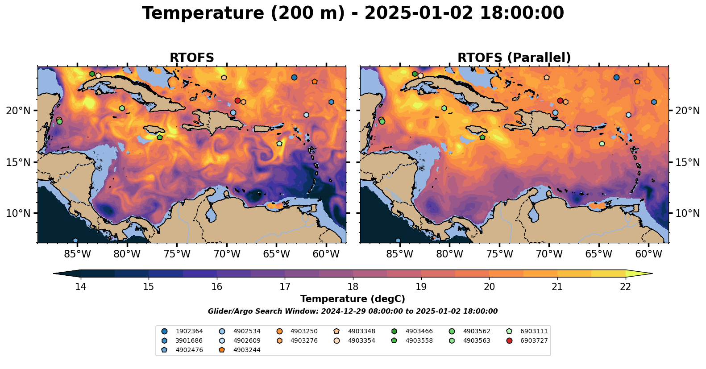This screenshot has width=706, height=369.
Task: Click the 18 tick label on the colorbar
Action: [x=353, y=286]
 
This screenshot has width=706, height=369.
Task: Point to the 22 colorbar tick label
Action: [x=625, y=286]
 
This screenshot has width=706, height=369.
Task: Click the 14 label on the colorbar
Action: [x=80, y=286]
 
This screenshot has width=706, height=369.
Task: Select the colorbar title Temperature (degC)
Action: [x=353, y=299]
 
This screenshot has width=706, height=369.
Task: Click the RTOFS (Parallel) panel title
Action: [x=514, y=58]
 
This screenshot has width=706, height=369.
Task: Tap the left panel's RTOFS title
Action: [x=192, y=58]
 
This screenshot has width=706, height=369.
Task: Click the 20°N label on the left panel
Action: [x=18, y=111]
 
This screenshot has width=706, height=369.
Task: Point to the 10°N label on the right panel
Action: [x=687, y=213]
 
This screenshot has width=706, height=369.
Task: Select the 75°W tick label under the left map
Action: [x=177, y=254]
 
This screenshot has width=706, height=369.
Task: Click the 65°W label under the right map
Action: [x=598, y=254]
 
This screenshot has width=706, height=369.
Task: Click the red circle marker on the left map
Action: [x=237, y=100]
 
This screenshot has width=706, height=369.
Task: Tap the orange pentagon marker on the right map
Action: [x=637, y=82]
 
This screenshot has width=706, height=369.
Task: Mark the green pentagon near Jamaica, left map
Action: [x=159, y=137]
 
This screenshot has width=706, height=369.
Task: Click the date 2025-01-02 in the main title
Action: [x=418, y=13]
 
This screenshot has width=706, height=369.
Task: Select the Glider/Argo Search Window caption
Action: [x=353, y=311]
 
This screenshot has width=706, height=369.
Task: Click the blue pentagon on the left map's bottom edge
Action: [x=75, y=240]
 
